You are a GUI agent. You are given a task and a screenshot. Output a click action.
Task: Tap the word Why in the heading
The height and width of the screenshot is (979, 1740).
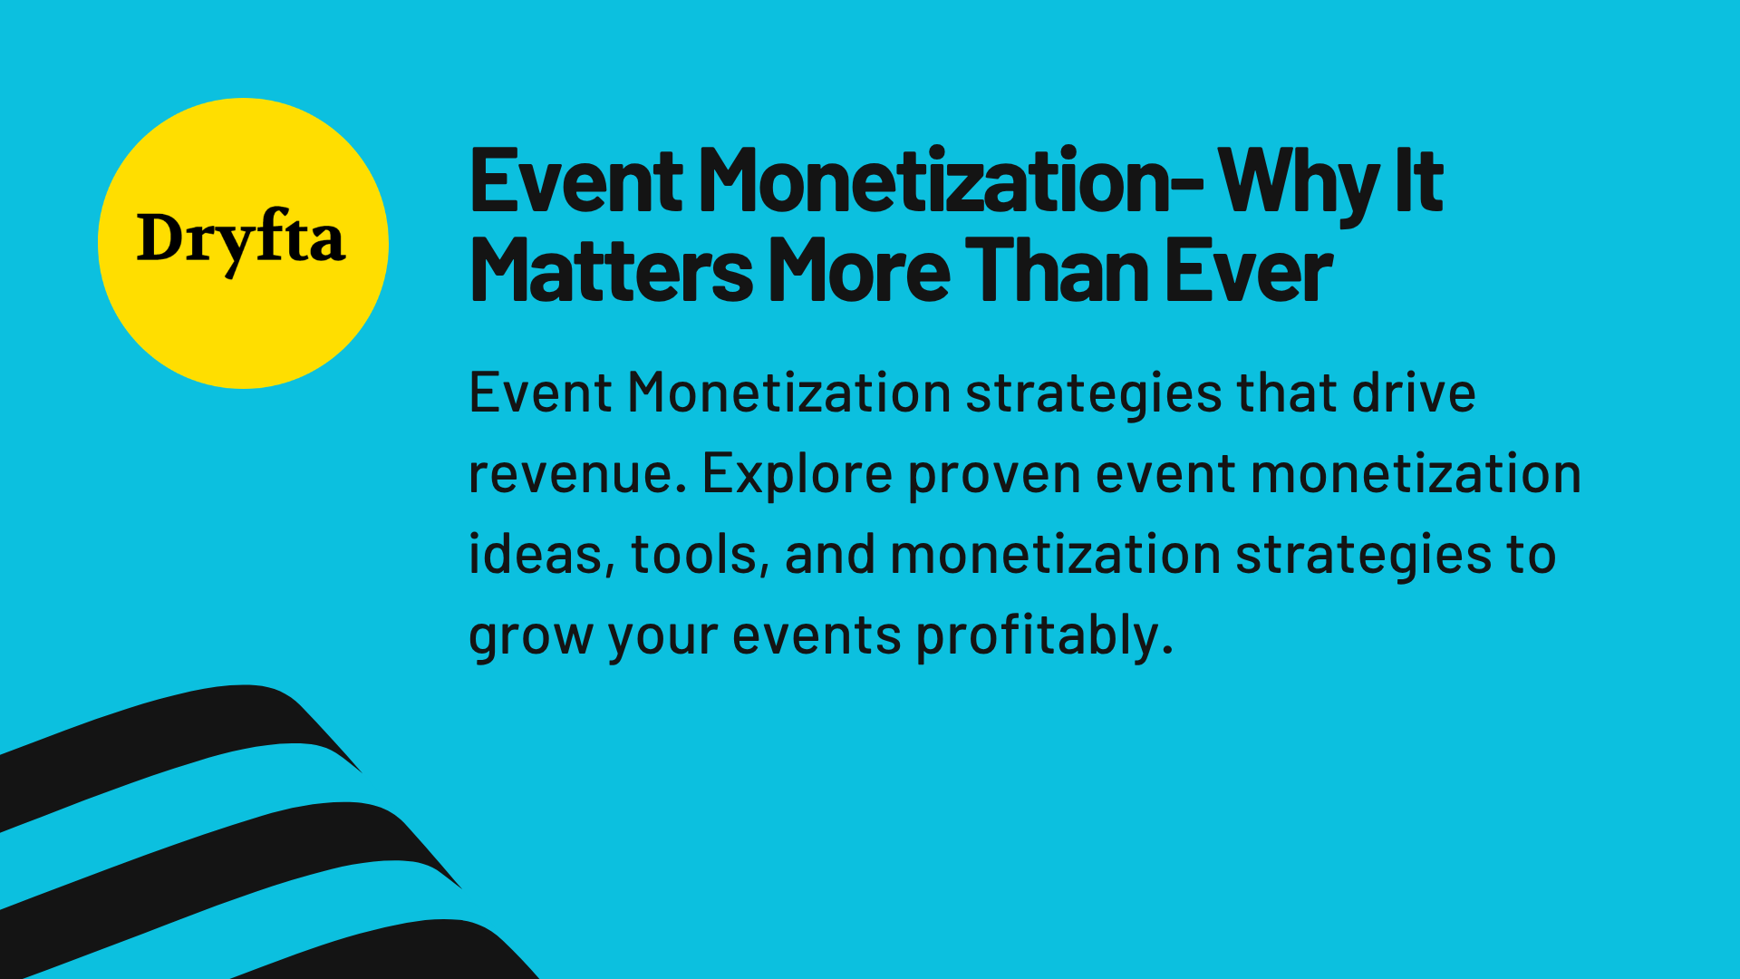(1298, 182)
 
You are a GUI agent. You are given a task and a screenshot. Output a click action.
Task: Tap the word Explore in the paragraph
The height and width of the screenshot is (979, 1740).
(797, 474)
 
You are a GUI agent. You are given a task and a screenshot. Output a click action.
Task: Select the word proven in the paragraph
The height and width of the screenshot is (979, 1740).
(994, 474)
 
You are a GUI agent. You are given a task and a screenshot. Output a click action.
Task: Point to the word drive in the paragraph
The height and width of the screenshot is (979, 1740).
(1414, 393)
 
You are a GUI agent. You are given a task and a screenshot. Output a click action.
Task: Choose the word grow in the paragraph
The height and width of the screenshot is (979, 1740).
(529, 635)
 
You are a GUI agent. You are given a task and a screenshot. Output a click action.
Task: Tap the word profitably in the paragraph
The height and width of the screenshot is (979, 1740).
(1042, 635)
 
